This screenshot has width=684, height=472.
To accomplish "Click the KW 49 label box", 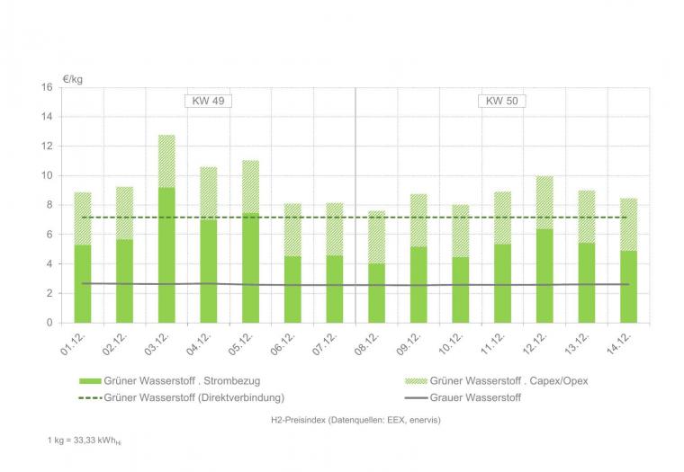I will pyautogui.click(x=207, y=101).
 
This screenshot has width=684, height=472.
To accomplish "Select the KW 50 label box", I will pyautogui.click(x=501, y=101).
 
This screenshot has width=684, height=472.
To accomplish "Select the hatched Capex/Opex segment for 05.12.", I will pyautogui.click(x=250, y=187).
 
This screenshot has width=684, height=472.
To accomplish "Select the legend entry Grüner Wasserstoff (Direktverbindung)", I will pyautogui.click(x=179, y=396).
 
